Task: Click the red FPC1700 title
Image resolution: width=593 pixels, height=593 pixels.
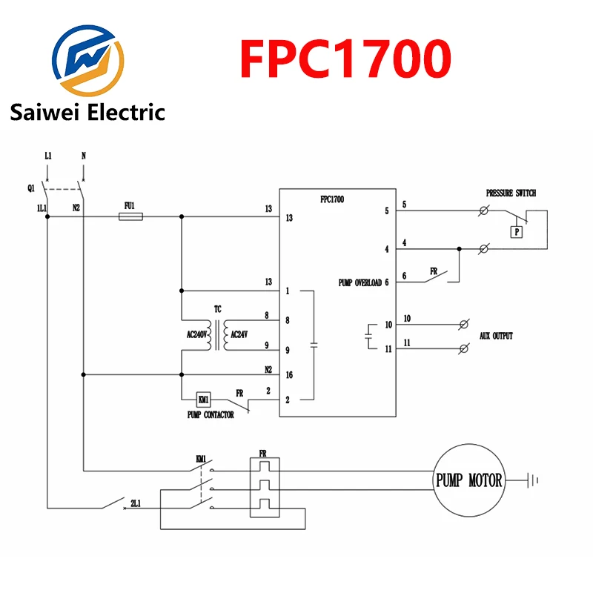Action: click(345, 59)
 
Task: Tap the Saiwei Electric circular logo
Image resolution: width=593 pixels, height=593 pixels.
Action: click(87, 60)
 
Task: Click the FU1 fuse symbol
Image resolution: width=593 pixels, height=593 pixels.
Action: click(130, 216)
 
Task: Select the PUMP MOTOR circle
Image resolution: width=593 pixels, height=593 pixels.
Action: click(469, 480)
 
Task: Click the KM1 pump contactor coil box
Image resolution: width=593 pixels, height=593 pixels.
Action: click(203, 400)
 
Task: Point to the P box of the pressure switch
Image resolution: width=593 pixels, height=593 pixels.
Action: click(517, 232)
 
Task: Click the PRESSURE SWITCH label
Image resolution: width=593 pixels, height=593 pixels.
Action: click(511, 193)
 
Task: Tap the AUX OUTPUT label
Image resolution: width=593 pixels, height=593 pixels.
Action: click(496, 336)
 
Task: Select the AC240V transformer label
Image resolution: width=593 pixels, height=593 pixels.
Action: click(196, 334)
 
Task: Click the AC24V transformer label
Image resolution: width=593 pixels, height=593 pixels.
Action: click(239, 334)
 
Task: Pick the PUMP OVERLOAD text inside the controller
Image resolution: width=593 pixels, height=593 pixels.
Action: click(360, 282)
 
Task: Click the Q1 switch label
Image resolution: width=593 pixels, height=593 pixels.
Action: click(31, 188)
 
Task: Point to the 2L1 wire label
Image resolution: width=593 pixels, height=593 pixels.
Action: click(136, 503)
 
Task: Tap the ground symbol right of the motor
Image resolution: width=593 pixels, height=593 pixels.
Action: click(532, 480)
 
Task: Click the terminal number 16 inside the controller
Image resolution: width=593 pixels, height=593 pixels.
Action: click(289, 375)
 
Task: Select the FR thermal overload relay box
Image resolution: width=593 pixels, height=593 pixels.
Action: click(265, 487)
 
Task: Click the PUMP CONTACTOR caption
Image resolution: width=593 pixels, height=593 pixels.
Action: click(211, 415)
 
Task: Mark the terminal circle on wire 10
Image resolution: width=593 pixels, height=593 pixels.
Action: click(464, 325)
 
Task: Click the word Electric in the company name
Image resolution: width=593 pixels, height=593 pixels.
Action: click(127, 113)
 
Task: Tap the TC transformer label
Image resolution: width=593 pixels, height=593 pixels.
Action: click(218, 309)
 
